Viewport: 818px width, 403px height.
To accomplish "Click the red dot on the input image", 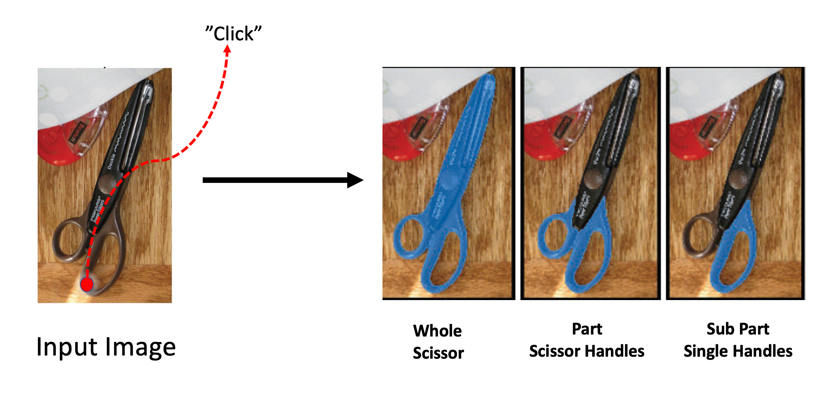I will click(x=87, y=284).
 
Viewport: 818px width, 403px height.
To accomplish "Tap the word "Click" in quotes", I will click(x=234, y=34).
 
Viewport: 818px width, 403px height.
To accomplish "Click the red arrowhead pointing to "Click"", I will click(x=227, y=49).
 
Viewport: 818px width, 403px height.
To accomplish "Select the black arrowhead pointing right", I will click(x=355, y=180).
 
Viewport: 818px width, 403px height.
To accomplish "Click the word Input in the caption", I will click(x=66, y=347).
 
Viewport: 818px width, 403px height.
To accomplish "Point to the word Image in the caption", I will click(x=139, y=347).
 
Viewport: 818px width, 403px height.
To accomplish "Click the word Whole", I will click(x=437, y=331).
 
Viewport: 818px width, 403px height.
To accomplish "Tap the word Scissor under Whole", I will click(x=438, y=353).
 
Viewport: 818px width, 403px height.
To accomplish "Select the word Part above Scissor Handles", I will click(x=587, y=329).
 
